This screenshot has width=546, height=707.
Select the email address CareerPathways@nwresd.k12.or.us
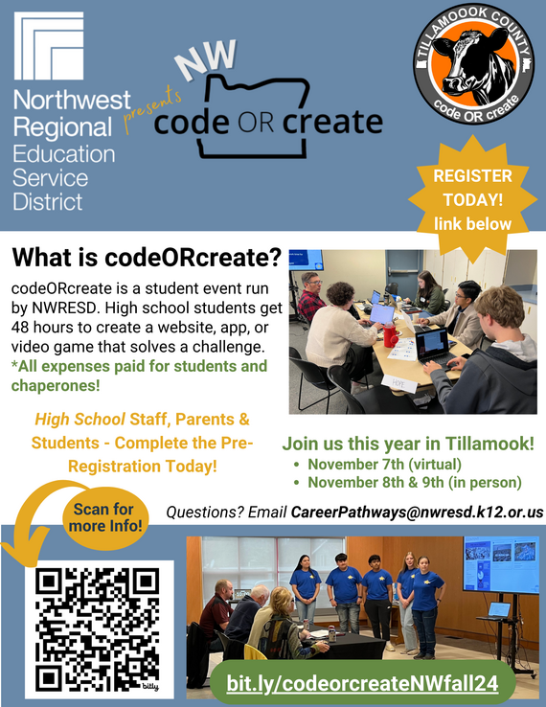(417, 513)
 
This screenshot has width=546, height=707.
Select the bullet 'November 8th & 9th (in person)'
(414, 482)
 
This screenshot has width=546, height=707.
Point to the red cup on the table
(390, 336)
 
